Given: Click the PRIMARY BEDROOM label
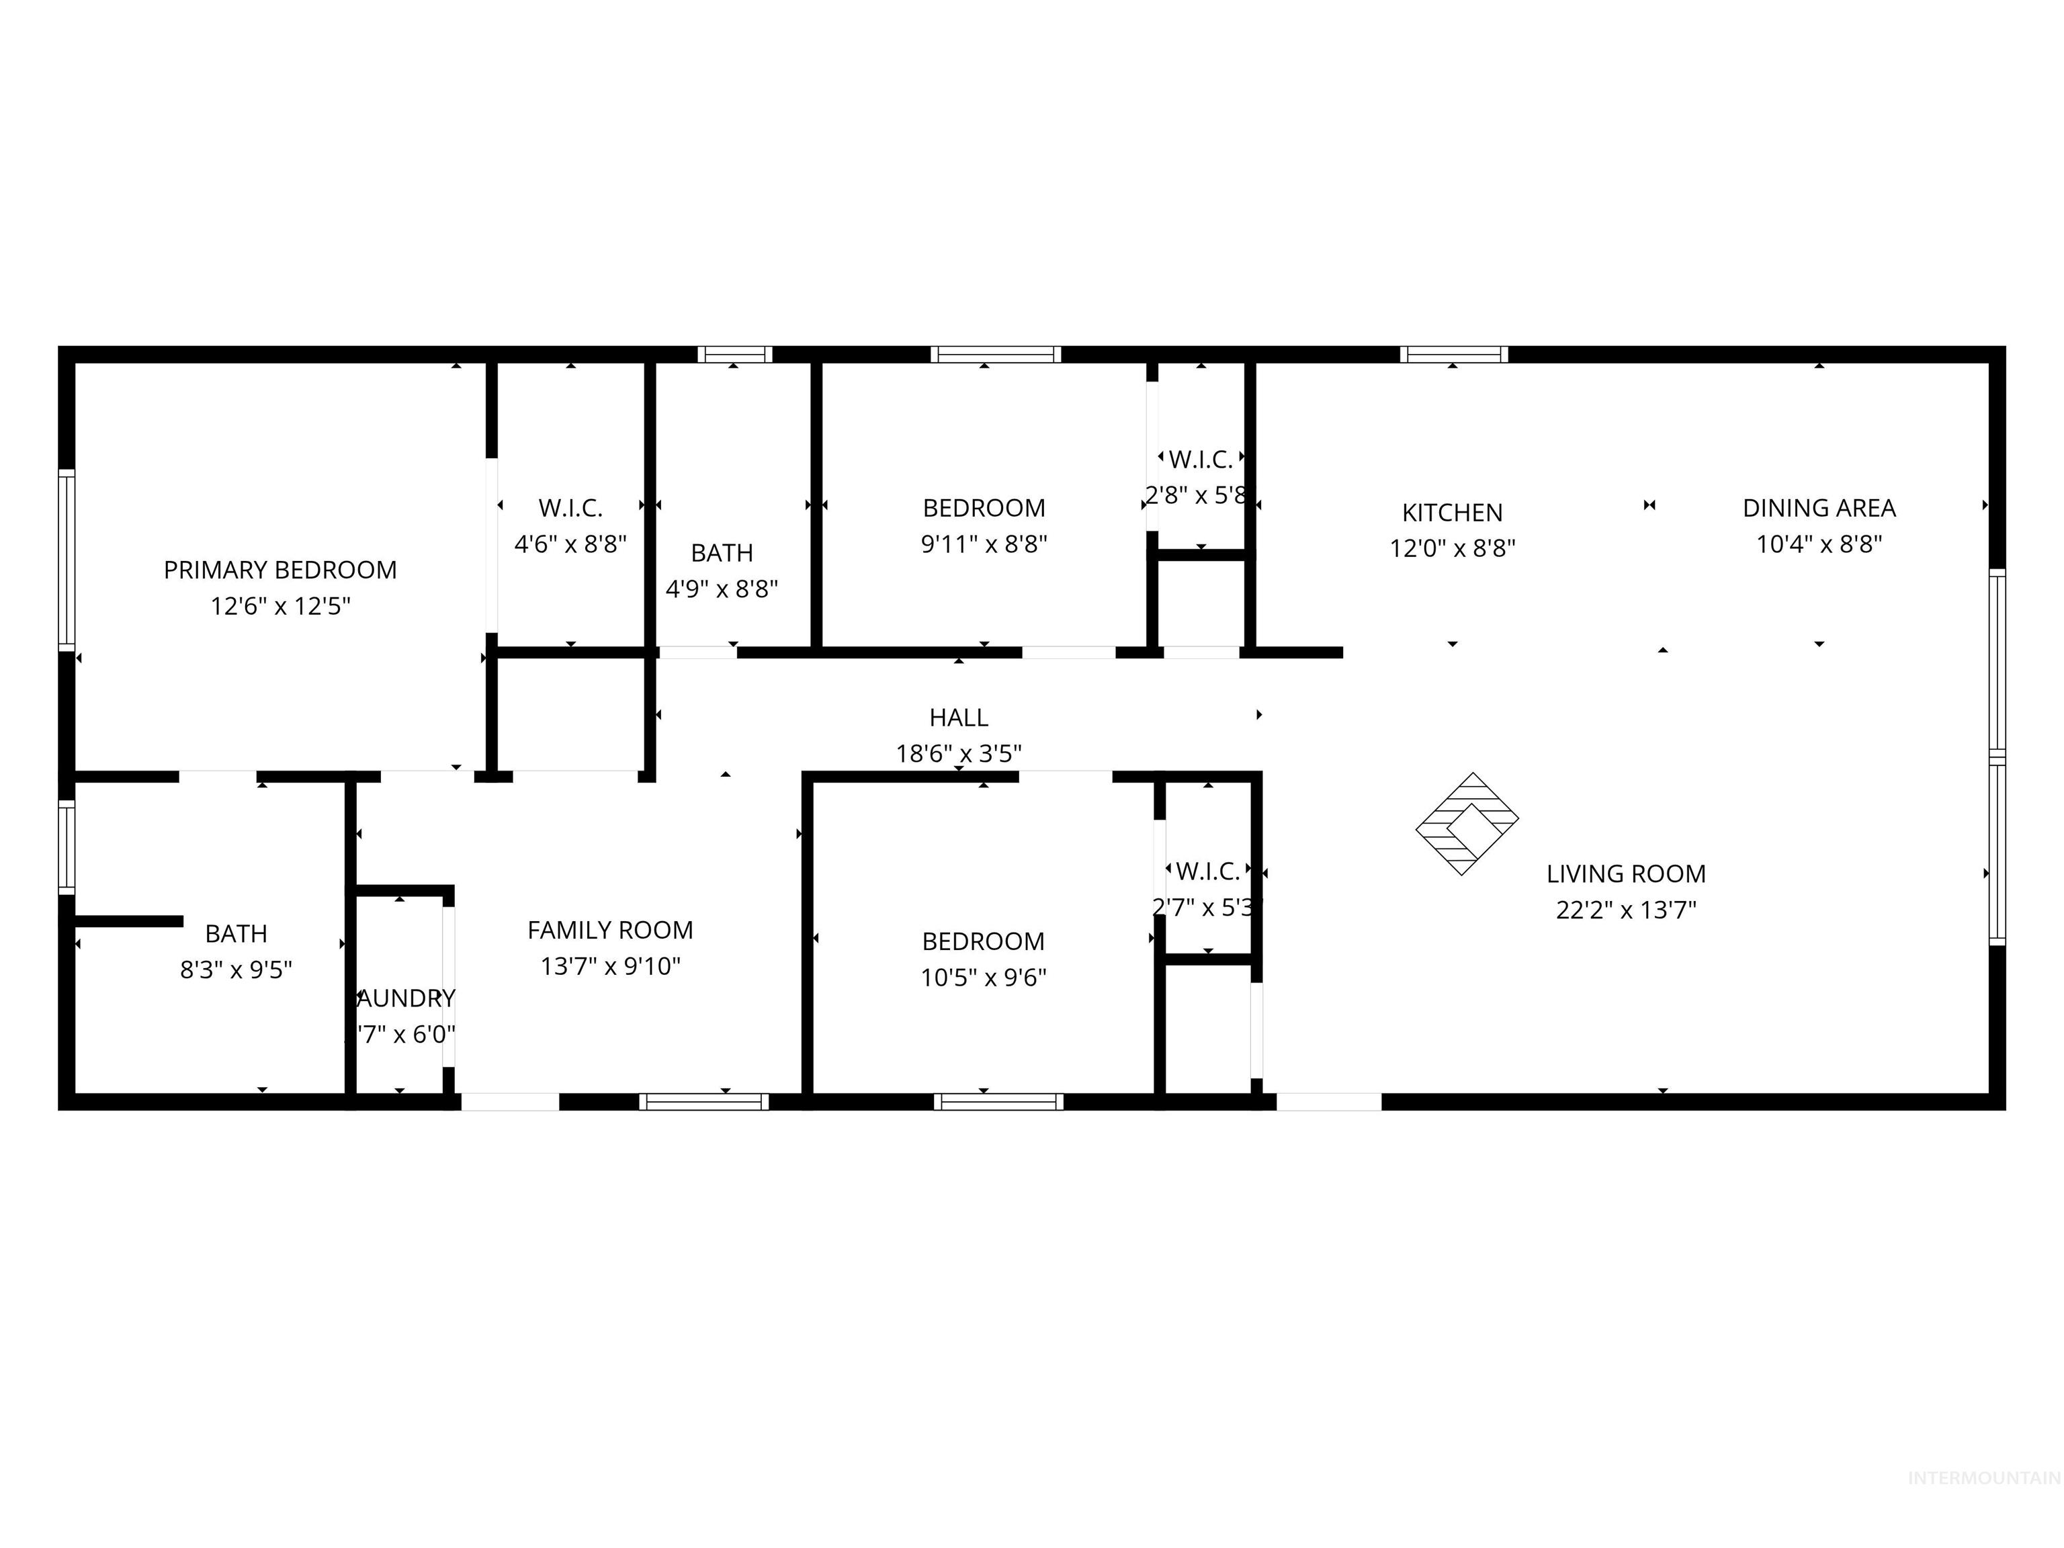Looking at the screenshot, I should tap(280, 570).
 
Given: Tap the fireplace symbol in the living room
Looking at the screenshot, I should tap(1467, 824).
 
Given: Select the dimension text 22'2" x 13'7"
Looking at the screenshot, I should tap(1625, 910).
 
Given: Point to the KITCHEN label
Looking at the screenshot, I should tap(1452, 512).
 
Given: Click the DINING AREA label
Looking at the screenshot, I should tap(1819, 509).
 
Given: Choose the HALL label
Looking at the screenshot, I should tap(958, 718).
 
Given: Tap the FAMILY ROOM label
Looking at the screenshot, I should tap(610, 931).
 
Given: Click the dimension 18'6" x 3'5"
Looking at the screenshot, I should tap(958, 753).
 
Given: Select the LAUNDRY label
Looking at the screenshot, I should tap(406, 998).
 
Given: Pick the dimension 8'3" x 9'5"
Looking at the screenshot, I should tap(236, 970).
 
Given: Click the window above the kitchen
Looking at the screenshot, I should tap(1453, 355).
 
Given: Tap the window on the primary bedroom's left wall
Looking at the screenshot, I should tap(67, 560).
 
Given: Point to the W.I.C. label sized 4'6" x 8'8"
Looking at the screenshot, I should tap(570, 509).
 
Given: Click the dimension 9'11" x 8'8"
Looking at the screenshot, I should tap(984, 544).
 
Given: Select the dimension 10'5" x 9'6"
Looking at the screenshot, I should tap(984, 977).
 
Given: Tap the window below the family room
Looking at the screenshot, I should tap(703, 1102).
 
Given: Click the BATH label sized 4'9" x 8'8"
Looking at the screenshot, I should tap(722, 554).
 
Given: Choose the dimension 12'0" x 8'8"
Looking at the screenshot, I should tap(1452, 549).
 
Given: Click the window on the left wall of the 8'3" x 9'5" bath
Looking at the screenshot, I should tap(67, 847).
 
